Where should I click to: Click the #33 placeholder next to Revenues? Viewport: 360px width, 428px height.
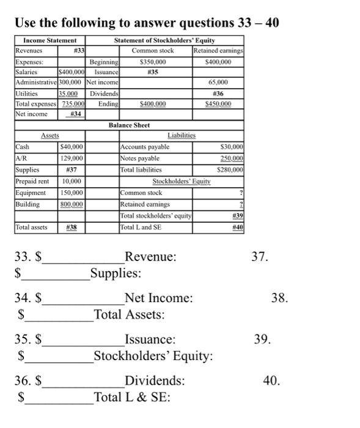tap(78, 51)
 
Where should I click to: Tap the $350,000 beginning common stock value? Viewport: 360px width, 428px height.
tap(153, 62)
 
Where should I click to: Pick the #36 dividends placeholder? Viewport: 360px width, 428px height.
tap(218, 93)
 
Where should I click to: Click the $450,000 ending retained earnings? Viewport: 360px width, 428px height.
tap(218, 104)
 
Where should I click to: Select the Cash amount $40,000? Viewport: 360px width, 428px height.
tap(72, 147)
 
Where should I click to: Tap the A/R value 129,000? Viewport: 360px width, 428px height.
tap(72, 158)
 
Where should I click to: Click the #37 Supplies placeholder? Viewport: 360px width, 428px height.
tap(72, 169)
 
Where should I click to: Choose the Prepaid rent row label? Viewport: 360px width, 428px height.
tap(32, 182)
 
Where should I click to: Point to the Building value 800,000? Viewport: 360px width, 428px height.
tap(72, 204)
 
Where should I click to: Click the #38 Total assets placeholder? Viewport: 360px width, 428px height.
tap(72, 227)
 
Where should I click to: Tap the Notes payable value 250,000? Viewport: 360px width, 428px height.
tap(231, 158)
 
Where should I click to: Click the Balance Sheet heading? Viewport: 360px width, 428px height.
tap(129, 125)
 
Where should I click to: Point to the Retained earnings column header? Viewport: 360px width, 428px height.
tap(218, 51)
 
